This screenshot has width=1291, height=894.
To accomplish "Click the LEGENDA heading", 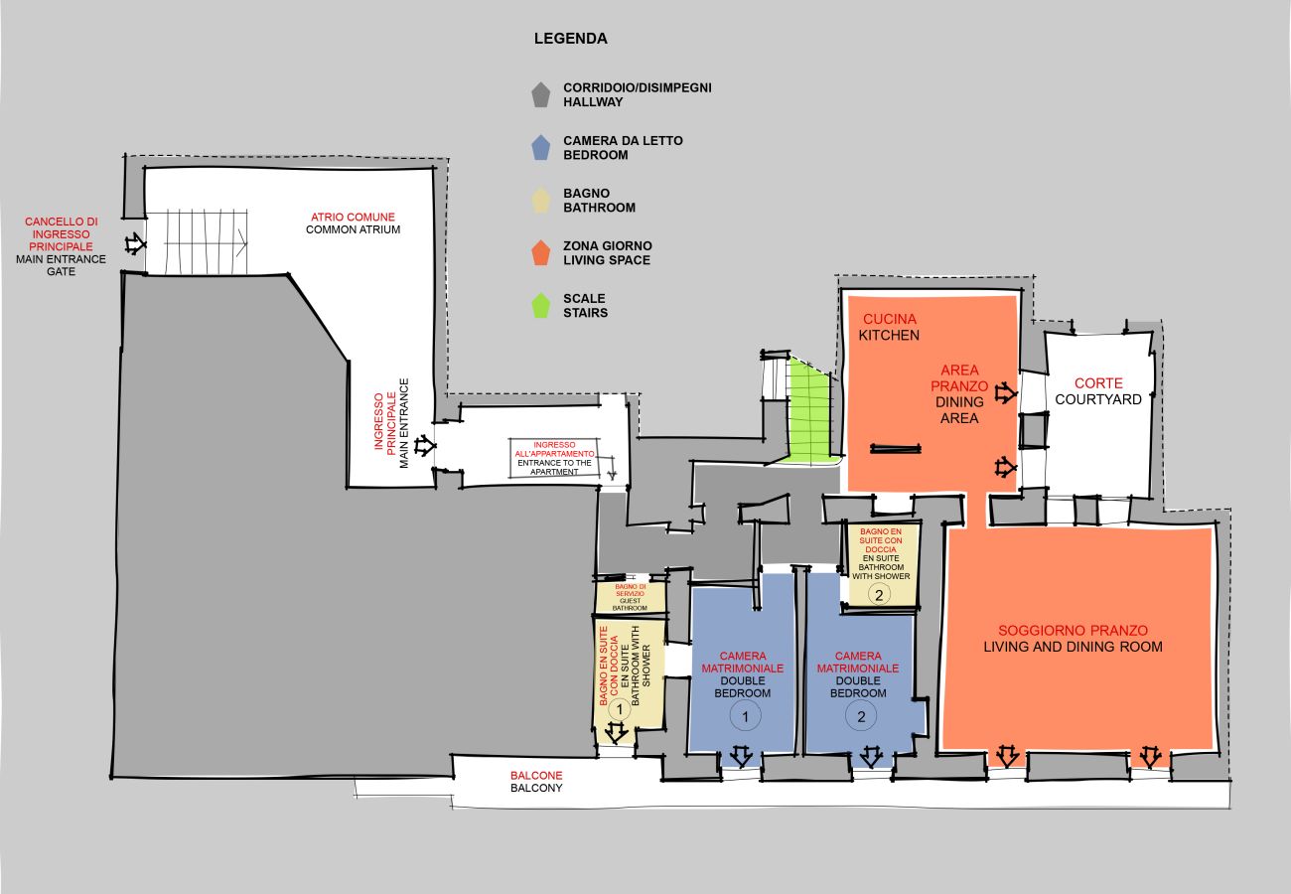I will [x=570, y=39].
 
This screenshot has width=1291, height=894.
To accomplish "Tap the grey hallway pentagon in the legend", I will [x=540, y=95].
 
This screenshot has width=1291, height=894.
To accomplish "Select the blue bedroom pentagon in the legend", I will [x=540, y=148].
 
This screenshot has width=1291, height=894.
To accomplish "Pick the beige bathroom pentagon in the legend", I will [x=540, y=201].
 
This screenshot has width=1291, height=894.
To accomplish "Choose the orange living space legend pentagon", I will [x=540, y=253].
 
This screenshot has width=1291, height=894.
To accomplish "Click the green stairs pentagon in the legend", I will [x=540, y=306].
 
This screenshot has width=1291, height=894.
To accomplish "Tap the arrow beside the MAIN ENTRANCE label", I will [x=424, y=446].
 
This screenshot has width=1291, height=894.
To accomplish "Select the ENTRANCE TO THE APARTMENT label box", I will [x=562, y=458].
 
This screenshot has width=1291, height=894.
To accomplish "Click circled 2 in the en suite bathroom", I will [x=879, y=594].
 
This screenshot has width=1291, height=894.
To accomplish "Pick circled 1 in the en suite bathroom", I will [x=619, y=709].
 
